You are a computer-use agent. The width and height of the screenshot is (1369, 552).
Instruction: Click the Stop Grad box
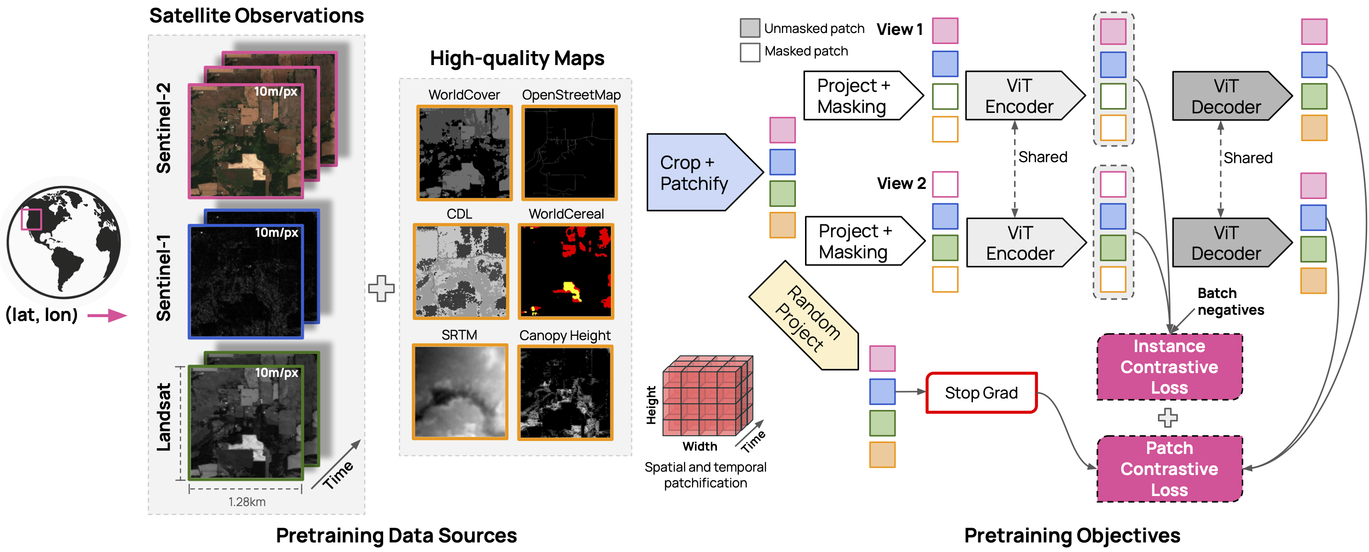click(981, 393)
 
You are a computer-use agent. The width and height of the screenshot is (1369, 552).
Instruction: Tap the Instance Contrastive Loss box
click(1169, 367)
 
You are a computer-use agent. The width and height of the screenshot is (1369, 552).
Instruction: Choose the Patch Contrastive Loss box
click(1169, 469)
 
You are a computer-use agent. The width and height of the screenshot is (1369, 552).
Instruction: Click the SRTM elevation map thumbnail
click(460, 392)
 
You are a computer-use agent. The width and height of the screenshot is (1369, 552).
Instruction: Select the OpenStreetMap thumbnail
click(570, 153)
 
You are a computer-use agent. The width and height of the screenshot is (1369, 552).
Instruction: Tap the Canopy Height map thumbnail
click(565, 393)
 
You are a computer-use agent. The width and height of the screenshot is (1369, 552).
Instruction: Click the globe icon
click(64, 242)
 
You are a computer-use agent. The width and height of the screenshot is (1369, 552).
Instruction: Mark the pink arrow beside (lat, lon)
click(107, 316)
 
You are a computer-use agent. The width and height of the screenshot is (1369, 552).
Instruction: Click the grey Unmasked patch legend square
click(750, 28)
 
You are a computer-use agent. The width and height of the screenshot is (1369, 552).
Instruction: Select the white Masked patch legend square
click(750, 52)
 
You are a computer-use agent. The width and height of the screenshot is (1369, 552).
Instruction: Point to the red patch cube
click(707, 396)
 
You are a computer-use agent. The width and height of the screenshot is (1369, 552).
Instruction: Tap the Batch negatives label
click(1230, 302)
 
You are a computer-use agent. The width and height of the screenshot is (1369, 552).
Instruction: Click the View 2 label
click(901, 184)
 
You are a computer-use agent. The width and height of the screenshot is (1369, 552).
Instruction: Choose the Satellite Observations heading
click(256, 16)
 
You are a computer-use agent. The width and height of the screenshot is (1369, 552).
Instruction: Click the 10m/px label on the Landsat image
click(276, 373)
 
